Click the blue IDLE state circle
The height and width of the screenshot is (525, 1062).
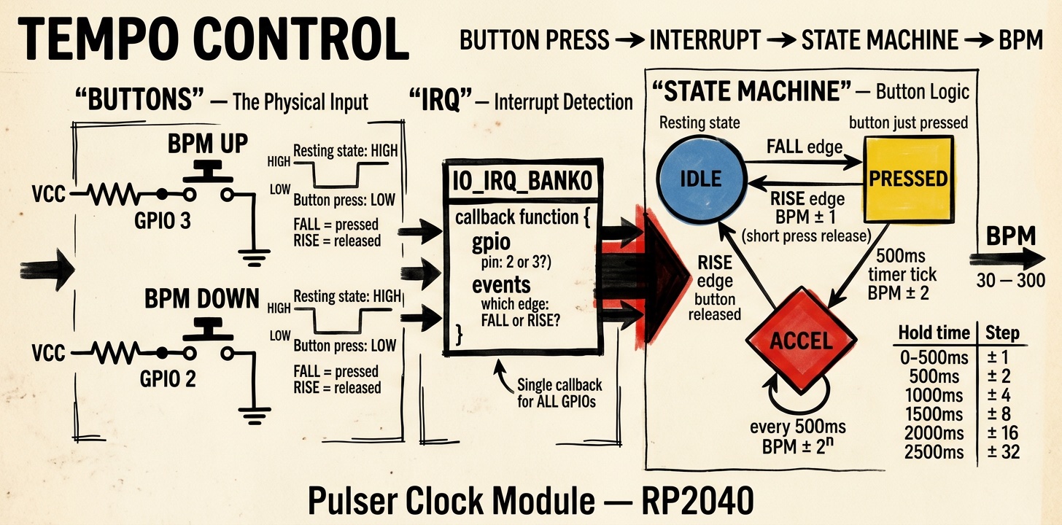(x=700, y=178)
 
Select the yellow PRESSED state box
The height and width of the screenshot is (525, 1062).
(x=908, y=178)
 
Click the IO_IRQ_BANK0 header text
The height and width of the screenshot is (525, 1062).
(x=521, y=179)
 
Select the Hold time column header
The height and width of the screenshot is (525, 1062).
(x=934, y=332)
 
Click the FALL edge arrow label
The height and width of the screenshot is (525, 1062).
(x=804, y=147)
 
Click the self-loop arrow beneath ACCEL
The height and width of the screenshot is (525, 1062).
(x=799, y=397)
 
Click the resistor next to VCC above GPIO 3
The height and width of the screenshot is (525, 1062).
(x=112, y=195)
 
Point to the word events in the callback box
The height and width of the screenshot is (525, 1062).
(x=501, y=284)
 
